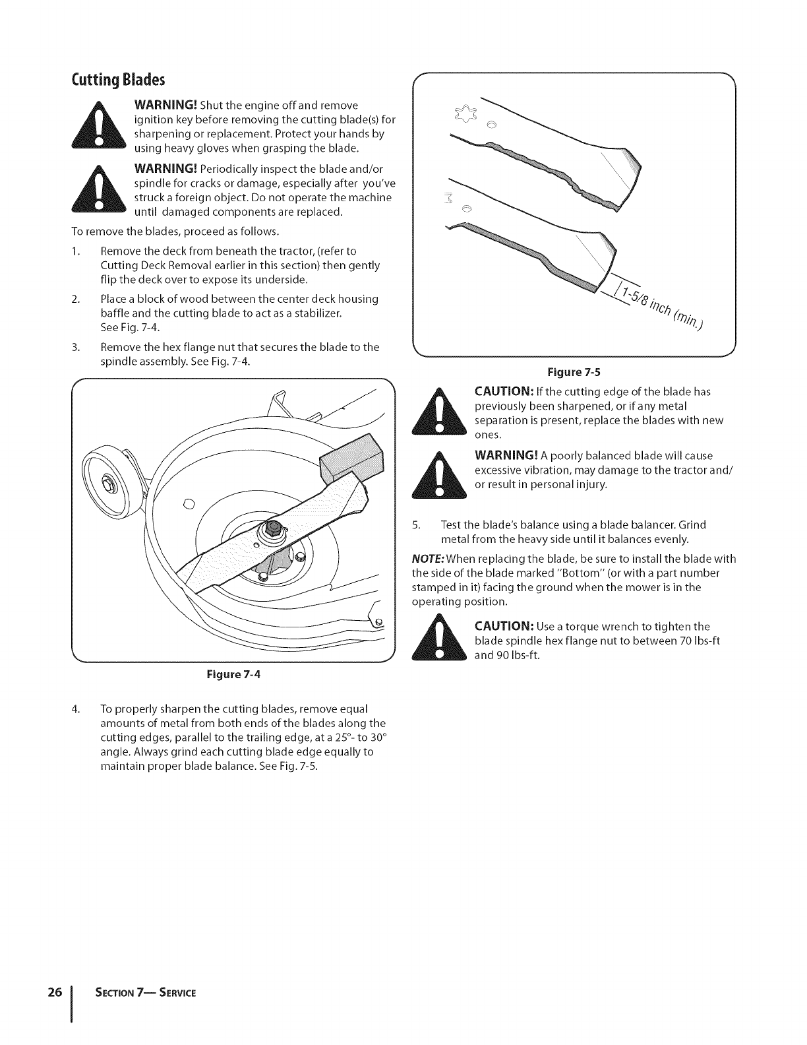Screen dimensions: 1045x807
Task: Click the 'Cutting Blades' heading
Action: coord(118,80)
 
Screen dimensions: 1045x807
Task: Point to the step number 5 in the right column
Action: coord(415,525)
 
